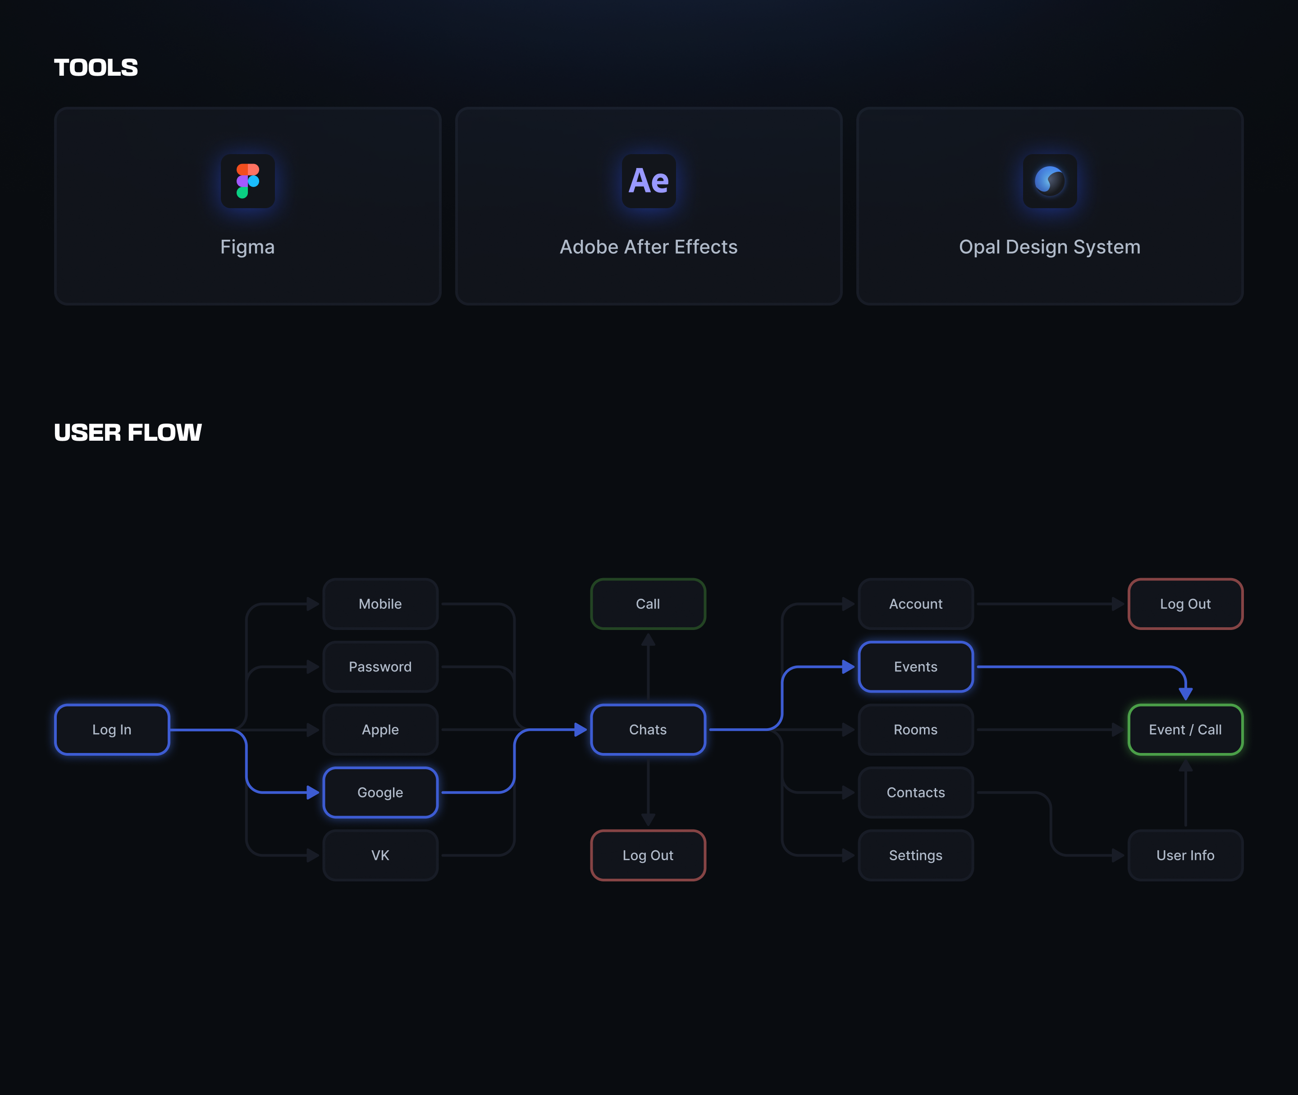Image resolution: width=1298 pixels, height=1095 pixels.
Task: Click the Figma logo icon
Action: coord(248,181)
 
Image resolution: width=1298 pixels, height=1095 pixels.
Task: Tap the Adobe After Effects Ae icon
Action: coord(649,181)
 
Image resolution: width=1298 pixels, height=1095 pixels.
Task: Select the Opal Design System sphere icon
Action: coord(1050,181)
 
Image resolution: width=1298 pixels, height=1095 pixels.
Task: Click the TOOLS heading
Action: coord(96,68)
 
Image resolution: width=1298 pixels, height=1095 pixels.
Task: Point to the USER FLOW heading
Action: coord(128,432)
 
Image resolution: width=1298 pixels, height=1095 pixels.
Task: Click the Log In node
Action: coord(112,730)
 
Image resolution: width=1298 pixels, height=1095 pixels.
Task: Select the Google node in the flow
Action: coord(380,792)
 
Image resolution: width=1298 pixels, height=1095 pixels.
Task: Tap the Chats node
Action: coord(648,730)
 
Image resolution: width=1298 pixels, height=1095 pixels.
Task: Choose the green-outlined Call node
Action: coord(648,604)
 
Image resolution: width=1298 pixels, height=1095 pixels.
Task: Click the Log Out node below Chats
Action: coord(648,855)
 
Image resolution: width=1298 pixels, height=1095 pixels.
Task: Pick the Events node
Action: coord(916,666)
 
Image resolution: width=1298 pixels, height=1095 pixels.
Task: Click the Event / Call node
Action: coord(1185,730)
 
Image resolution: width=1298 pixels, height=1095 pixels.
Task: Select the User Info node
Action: coord(1185,855)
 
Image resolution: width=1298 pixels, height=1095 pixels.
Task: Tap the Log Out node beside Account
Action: coord(1185,604)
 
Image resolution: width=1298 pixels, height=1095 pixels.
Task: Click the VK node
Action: coord(380,855)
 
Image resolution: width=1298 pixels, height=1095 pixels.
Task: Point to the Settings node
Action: coord(916,855)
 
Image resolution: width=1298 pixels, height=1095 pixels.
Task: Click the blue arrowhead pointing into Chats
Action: coord(580,730)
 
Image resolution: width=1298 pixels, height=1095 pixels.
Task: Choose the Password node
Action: coord(380,666)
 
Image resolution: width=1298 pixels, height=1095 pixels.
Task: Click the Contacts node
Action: coord(916,792)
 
